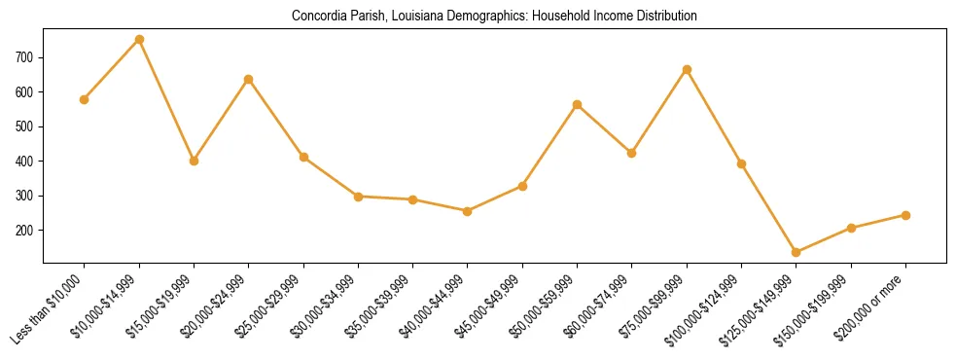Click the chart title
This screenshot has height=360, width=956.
click(494, 17)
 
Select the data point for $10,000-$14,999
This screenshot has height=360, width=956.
click(139, 40)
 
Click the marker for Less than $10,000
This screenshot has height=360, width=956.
click(85, 99)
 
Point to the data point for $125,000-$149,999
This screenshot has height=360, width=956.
click(797, 252)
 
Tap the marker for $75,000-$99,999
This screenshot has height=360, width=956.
click(687, 70)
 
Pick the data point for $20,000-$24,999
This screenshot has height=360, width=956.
click(249, 79)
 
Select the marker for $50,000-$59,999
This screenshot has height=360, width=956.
click(578, 104)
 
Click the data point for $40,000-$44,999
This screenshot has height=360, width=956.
click(468, 211)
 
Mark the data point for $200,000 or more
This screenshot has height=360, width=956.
click(905, 215)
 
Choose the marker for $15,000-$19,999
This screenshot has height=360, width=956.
click(195, 161)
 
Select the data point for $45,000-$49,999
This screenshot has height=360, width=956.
click(522, 186)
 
